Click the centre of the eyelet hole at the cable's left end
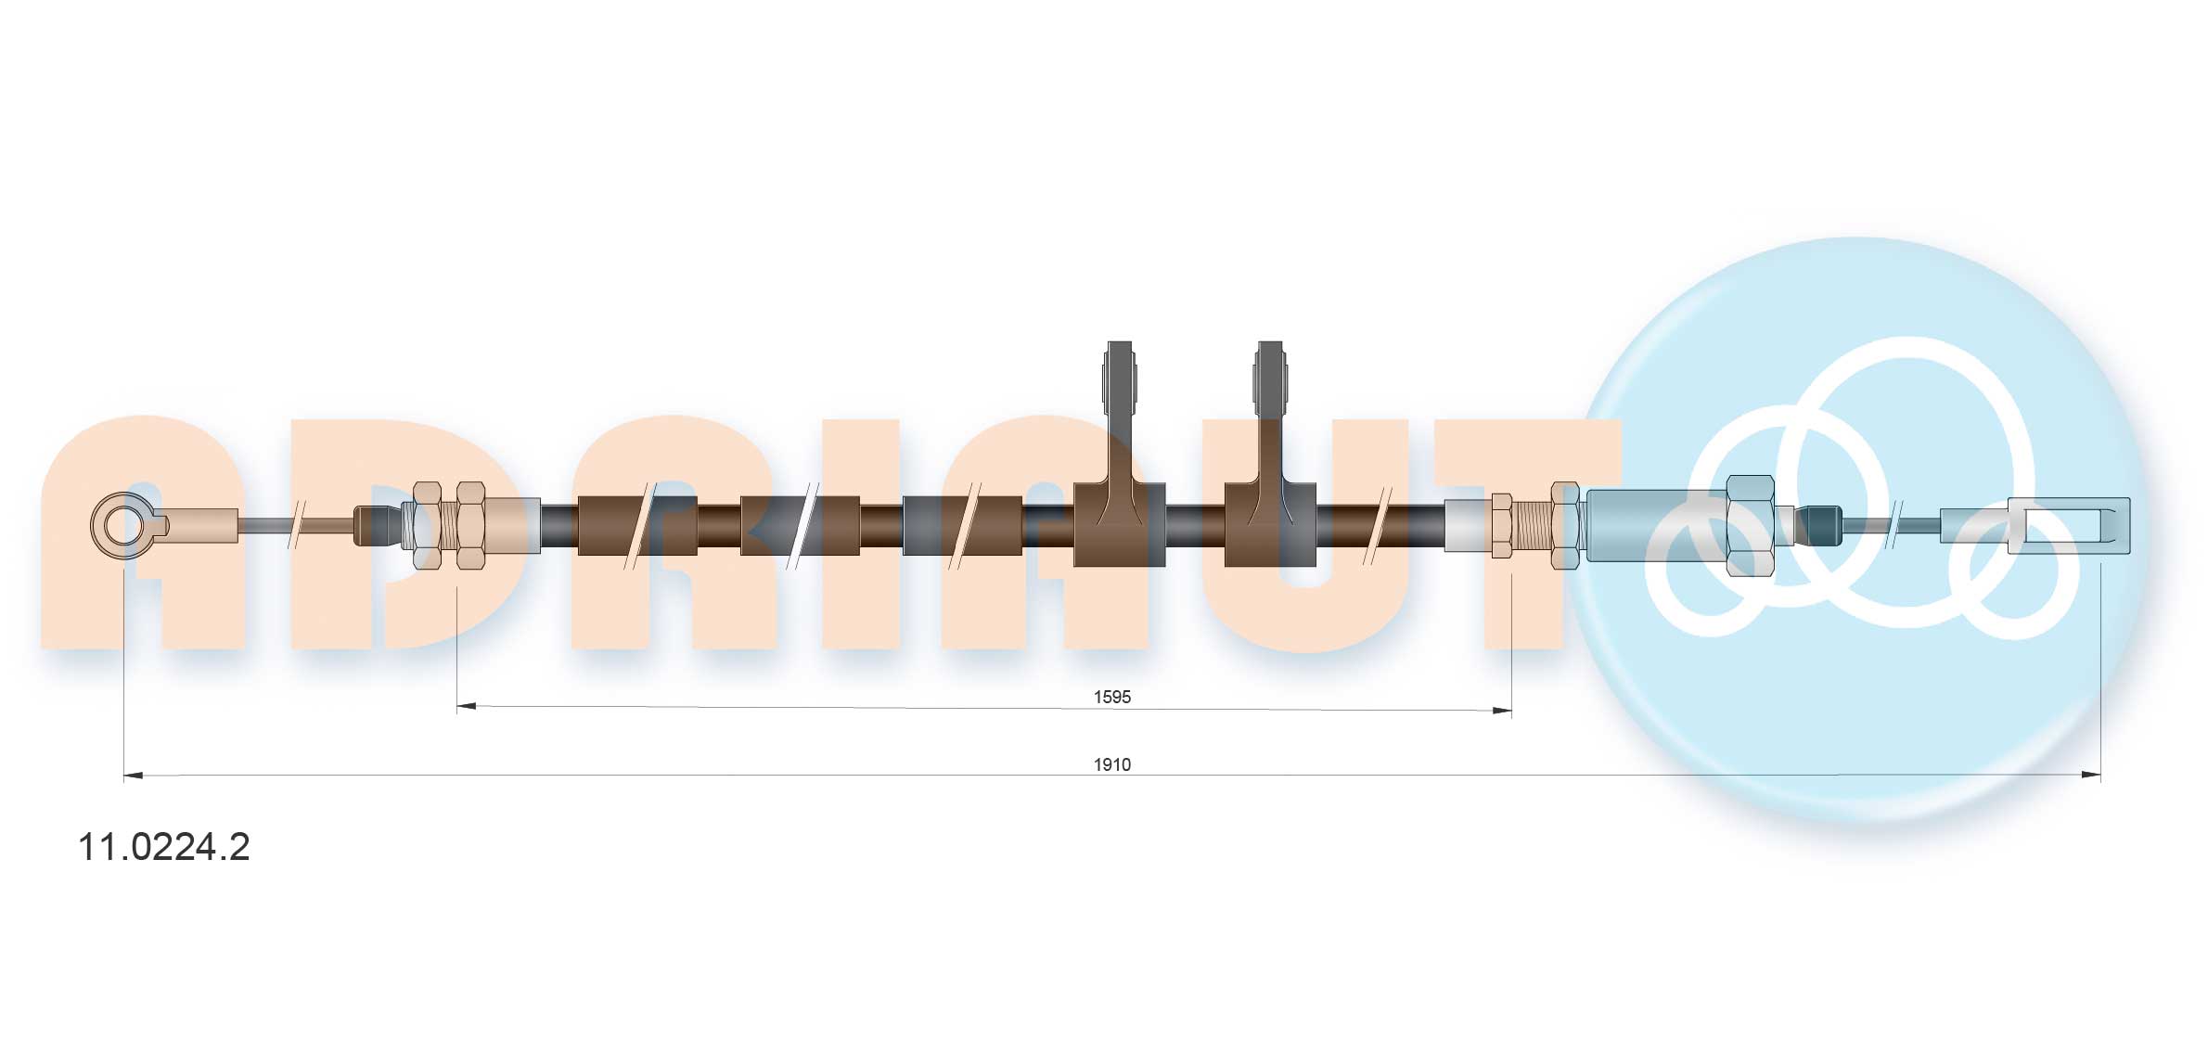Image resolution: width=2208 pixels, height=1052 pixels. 120,525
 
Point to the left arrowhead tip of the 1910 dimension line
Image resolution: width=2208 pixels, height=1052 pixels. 124,775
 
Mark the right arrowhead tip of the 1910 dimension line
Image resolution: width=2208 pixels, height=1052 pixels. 2100,775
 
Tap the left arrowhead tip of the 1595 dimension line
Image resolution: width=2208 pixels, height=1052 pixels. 458,706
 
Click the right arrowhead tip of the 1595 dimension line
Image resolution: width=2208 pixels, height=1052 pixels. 1511,711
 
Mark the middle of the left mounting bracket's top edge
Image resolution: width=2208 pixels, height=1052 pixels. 1121,342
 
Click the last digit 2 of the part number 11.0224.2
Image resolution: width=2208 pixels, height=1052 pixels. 239,847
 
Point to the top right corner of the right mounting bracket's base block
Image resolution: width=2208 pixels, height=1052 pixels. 1316,483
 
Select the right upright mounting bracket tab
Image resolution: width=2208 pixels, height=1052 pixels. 1270,413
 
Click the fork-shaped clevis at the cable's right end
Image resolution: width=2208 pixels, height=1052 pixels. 2069,526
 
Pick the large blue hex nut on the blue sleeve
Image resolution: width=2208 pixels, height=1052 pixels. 1750,525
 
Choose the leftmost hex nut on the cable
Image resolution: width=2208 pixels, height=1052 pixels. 427,525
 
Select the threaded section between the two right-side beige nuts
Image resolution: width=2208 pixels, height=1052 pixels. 1532,525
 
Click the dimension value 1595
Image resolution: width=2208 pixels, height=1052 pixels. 1111,697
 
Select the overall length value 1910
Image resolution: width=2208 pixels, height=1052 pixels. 1111,764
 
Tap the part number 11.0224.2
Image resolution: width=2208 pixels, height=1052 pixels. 164,847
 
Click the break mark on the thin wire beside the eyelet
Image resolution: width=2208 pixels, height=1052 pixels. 298,525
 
